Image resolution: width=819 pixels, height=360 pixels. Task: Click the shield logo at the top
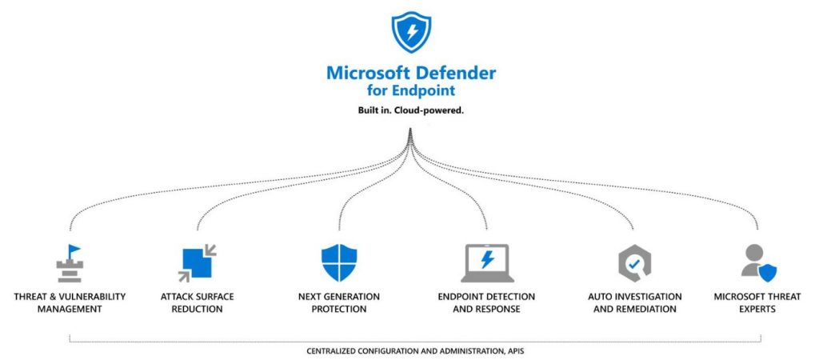point(411,32)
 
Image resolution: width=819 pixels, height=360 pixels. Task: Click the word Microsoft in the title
point(366,73)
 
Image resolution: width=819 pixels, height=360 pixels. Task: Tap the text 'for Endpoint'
point(411,90)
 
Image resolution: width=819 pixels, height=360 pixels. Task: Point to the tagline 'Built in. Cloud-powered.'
point(411,110)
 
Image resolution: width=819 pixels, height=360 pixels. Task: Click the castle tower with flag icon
point(70,263)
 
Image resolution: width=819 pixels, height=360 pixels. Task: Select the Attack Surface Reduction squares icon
point(197,263)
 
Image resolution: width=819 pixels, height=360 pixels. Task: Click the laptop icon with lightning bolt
point(487,263)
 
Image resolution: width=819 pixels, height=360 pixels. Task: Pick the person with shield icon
point(756,263)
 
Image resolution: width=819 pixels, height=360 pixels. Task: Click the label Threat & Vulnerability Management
point(70,302)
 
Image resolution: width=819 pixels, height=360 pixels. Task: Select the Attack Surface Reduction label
point(197,302)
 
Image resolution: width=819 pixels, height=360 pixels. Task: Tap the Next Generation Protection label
point(339,302)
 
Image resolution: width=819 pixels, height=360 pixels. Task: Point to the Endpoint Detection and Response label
point(487,302)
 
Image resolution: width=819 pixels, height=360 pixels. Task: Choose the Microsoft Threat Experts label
point(756,302)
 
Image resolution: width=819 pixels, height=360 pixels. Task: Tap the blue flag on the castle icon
point(74,250)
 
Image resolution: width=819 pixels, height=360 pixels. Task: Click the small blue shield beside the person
point(768,273)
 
